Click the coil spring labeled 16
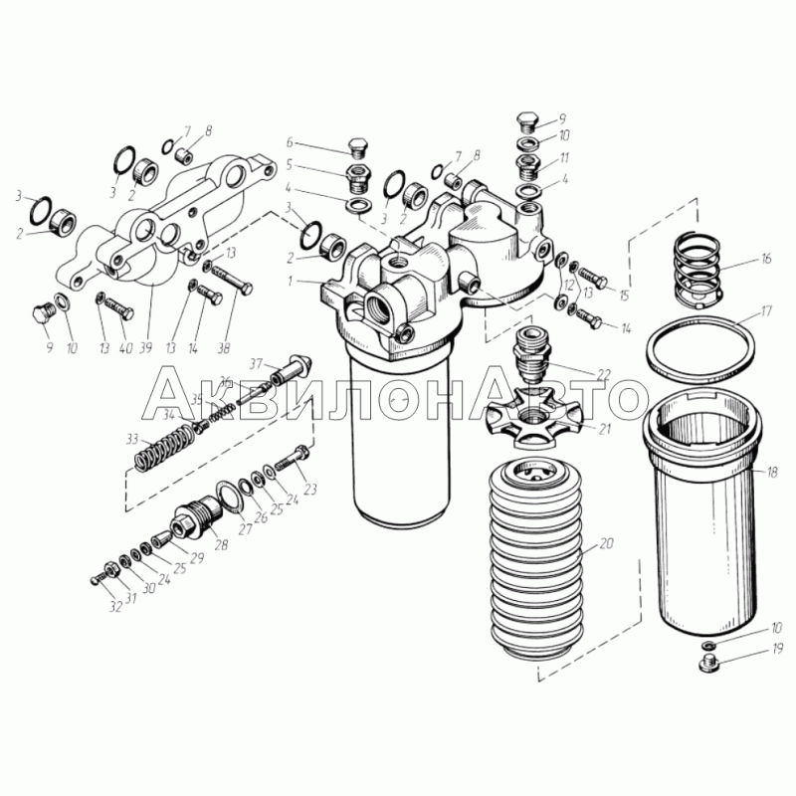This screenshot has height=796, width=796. pos(697,269)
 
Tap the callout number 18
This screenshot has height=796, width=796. pos(771,474)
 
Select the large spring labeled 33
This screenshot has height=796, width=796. pos(164,447)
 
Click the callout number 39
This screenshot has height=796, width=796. pos(145,347)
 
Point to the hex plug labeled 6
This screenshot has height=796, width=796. pos(359,146)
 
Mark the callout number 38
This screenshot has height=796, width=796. pos(223,348)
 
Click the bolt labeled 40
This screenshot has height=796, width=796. pos(119,308)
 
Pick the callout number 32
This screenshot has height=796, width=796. pos(115,606)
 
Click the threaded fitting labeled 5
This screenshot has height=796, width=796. pos(358,178)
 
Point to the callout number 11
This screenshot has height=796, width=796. pos(564,158)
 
